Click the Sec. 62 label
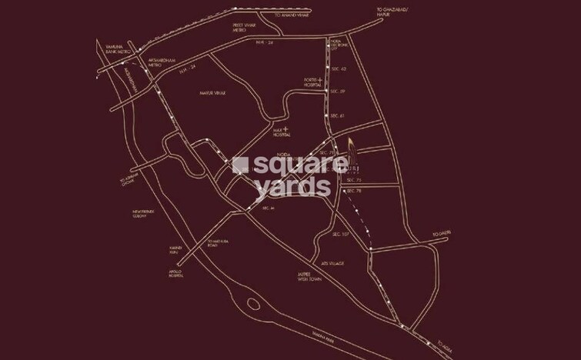tap(338, 69)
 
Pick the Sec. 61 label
tap(336, 115)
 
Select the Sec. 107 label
tap(342, 233)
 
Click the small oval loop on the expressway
tap(253, 303)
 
